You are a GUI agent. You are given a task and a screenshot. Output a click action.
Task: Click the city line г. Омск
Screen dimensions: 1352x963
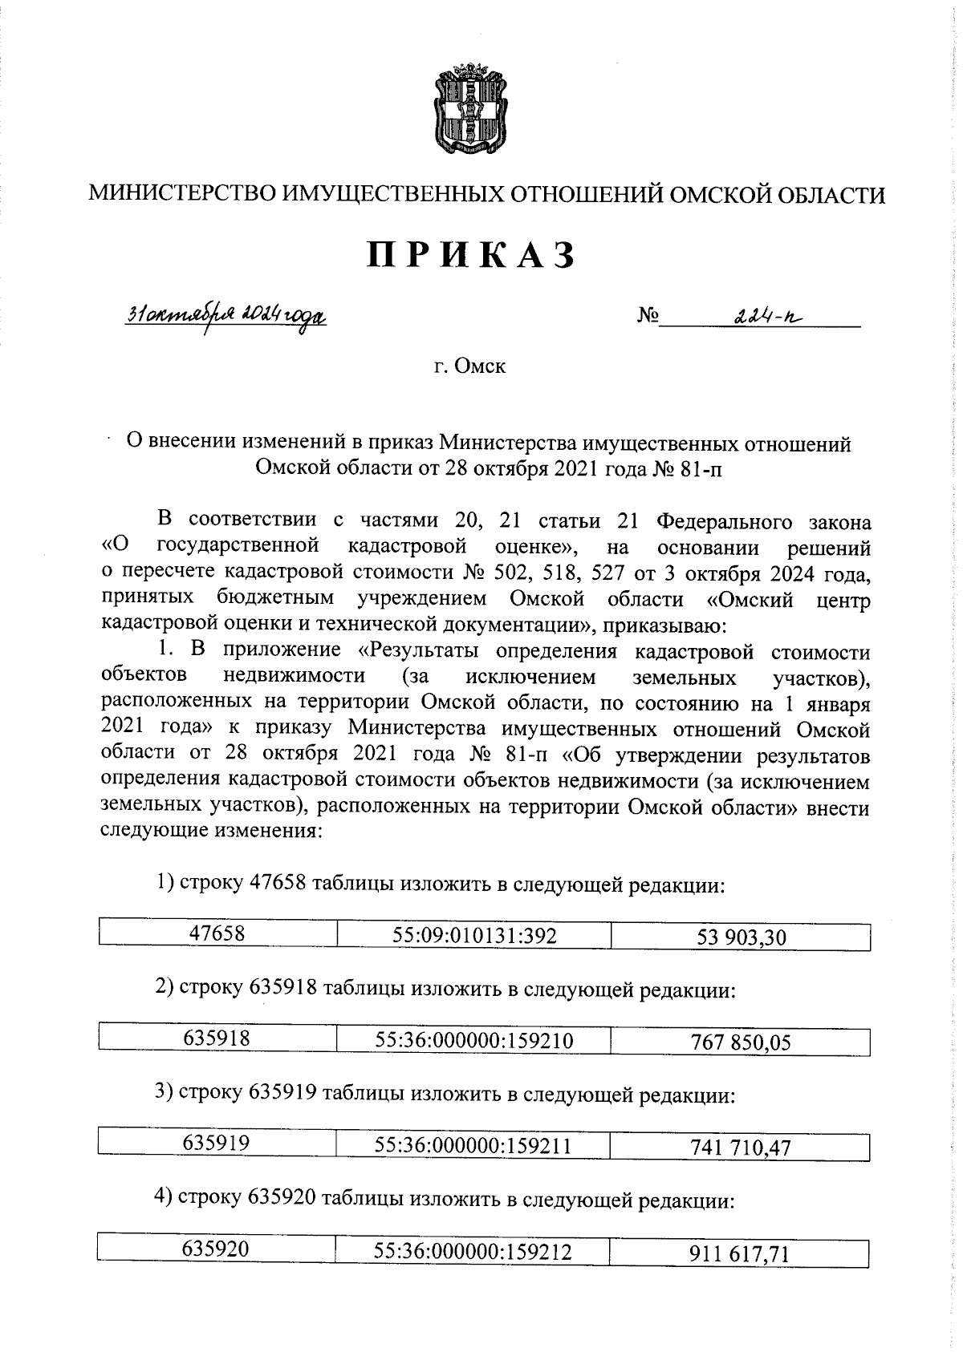470,367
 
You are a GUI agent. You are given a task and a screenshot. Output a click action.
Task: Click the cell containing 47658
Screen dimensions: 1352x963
217,933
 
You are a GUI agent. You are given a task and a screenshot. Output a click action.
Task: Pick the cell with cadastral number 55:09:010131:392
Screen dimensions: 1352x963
474,935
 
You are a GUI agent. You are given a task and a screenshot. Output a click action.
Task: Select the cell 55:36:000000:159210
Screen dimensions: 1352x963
474,1041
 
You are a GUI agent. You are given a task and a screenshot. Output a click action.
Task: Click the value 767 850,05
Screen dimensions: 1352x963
741,1042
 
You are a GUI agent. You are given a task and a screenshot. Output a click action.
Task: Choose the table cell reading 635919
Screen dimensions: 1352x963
217,1144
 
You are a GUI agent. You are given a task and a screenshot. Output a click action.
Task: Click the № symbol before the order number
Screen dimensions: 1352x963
648,318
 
